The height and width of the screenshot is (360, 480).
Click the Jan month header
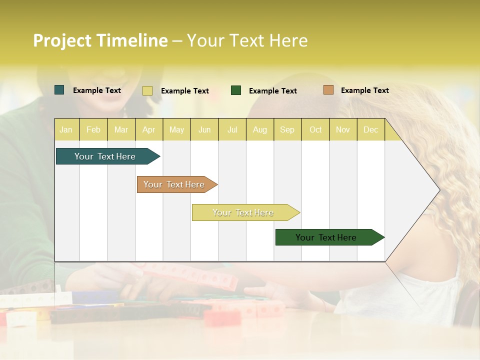click(x=66, y=130)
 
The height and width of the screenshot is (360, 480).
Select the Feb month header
click(x=93, y=130)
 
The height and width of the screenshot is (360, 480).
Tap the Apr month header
click(x=149, y=130)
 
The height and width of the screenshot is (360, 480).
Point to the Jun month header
click(x=204, y=130)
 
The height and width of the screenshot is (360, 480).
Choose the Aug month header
click(x=260, y=130)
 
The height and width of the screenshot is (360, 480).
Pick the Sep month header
click(x=287, y=130)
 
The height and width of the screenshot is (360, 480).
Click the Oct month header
click(x=315, y=130)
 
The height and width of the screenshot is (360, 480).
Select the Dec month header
click(x=371, y=130)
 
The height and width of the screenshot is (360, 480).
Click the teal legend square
click(x=59, y=90)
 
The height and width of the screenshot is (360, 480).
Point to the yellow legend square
click(x=147, y=90)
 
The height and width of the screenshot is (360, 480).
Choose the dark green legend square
click(x=236, y=90)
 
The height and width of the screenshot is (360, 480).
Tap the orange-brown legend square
click(x=328, y=90)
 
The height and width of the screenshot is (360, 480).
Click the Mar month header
click(x=121, y=130)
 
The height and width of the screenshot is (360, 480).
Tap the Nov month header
click(x=343, y=130)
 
